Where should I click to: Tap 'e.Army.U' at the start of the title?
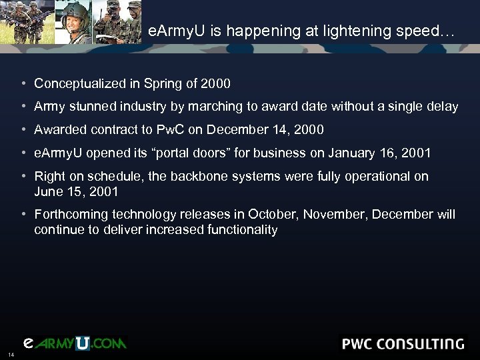[x=173, y=31]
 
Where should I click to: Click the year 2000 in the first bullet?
[x=217, y=83]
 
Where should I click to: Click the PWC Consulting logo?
[x=402, y=344]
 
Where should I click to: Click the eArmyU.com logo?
[x=75, y=343]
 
